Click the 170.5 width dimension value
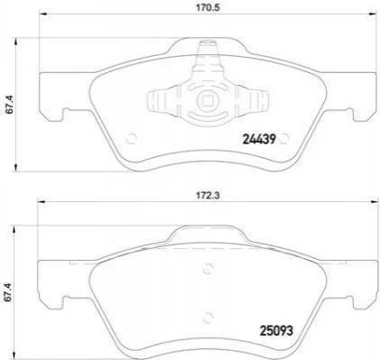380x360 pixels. [209, 7]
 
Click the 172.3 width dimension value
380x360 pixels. [209, 195]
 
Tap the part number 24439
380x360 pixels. [259, 139]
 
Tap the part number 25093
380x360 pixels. [276, 331]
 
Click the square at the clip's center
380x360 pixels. [207, 100]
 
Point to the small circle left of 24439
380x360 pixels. [132, 139]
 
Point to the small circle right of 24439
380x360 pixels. [284, 139]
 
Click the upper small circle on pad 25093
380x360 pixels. [208, 268]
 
